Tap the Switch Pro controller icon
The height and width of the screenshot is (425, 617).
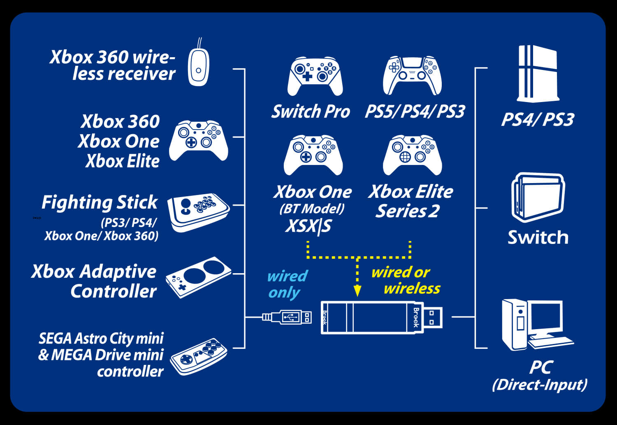[x=315, y=76]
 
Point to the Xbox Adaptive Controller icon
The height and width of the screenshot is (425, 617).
[x=199, y=277]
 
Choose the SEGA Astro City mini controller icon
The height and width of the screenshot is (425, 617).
[x=199, y=356]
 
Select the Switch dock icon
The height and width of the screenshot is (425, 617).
[x=538, y=197]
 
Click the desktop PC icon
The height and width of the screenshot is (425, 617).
[x=536, y=325]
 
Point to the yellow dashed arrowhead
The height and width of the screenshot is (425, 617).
[x=357, y=291]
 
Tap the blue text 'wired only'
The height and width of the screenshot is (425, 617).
[x=286, y=284]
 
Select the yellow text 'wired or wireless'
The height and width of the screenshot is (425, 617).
[x=406, y=280]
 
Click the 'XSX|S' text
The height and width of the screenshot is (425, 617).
[x=308, y=227]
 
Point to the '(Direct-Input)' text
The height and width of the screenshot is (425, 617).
[x=539, y=385]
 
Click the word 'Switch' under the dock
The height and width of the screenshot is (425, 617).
[x=538, y=237]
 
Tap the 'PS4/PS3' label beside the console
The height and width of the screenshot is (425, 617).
[x=537, y=120]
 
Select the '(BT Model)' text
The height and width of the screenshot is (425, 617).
[x=312, y=209]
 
